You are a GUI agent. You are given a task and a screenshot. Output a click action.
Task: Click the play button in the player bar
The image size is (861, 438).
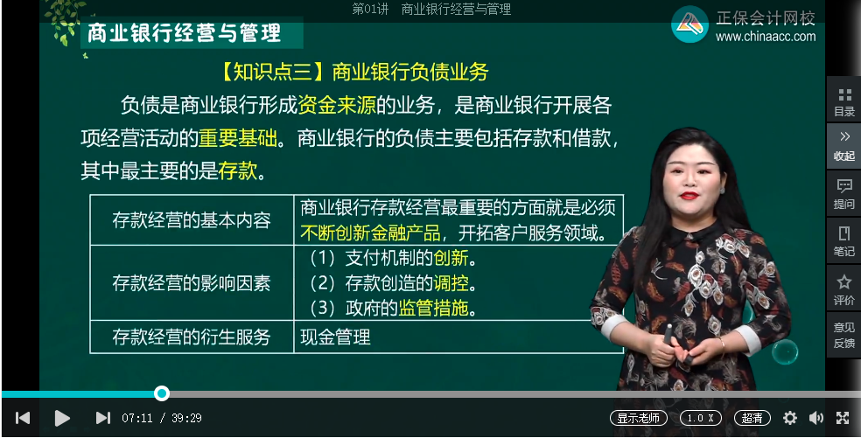point(62,418)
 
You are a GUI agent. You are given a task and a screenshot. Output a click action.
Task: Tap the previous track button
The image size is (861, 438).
point(23,418)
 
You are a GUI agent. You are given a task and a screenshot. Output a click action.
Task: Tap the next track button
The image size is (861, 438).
point(103,418)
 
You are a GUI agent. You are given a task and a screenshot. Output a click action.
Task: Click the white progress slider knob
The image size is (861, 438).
point(161,393)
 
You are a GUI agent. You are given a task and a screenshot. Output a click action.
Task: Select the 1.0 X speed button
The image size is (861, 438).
point(701,418)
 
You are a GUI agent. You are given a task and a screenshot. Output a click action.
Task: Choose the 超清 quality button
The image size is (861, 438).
point(752,418)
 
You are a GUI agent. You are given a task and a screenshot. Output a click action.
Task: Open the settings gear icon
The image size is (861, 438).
point(790,418)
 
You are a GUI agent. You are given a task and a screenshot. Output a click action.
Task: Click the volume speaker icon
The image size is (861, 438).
point(816,418)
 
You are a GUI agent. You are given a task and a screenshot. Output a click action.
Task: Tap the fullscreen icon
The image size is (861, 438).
point(843,418)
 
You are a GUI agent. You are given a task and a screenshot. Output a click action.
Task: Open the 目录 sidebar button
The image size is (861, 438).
point(844,101)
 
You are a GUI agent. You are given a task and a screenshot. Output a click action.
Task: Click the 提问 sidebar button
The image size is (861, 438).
point(844,193)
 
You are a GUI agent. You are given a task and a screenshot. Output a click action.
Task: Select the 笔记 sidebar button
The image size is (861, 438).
point(844,240)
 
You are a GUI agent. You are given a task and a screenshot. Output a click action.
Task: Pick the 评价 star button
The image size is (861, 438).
point(844,289)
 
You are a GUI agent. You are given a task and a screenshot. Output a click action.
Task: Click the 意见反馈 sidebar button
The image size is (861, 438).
point(844,335)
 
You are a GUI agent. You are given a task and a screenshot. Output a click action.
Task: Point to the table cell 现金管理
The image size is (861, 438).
point(336,337)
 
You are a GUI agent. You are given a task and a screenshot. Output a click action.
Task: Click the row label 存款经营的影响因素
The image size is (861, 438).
point(192,283)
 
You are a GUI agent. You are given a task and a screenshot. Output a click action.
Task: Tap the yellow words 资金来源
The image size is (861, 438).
point(337,106)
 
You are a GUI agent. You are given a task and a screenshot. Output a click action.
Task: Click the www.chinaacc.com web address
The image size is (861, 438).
point(766,37)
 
